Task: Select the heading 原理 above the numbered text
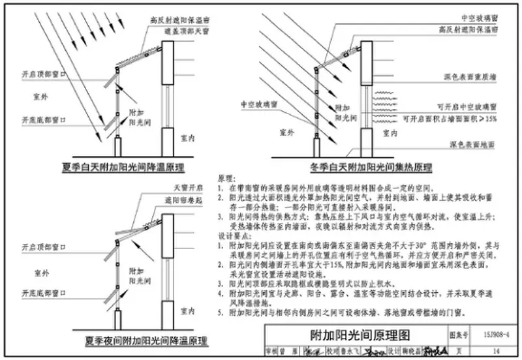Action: point(224,177)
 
